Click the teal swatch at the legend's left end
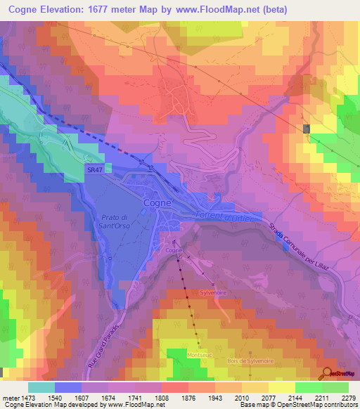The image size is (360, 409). pyautogui.click(x=41, y=387)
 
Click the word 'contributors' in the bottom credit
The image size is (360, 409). pyautogui.click(x=340, y=405)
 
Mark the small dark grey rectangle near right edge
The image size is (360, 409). pyautogui.click(x=306, y=129)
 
